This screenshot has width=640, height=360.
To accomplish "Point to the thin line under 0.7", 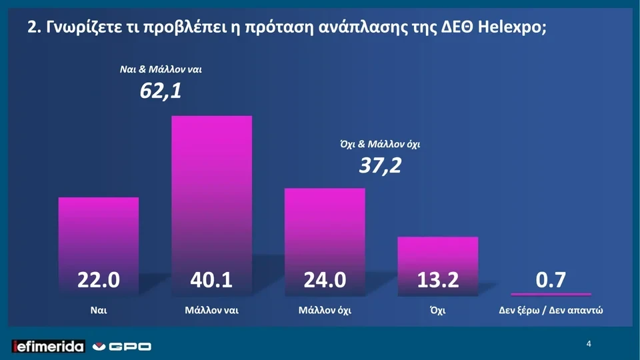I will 551,294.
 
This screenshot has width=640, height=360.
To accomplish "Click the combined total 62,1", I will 160,90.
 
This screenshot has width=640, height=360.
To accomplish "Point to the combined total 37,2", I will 380,165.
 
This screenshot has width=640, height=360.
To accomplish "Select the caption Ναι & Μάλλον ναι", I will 160,69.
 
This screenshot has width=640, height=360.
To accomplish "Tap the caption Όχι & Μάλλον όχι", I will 380,143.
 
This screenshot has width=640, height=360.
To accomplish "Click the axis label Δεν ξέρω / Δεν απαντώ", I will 551,311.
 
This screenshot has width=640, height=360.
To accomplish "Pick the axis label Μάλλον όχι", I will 325,311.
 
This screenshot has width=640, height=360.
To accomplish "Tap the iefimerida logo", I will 49,346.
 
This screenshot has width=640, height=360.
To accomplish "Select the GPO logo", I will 121,346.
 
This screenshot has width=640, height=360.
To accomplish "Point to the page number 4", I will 589,344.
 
